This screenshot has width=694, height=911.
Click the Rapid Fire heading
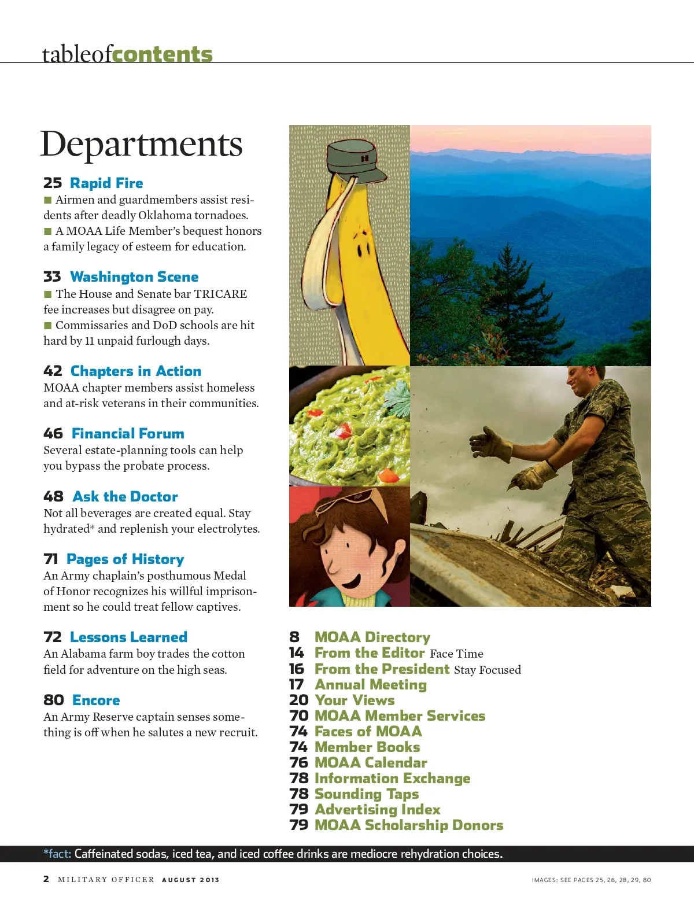click(x=106, y=183)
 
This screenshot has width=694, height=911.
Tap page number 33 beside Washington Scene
click(x=52, y=277)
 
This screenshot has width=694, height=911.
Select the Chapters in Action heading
click(x=136, y=371)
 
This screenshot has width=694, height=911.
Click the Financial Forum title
click(x=128, y=434)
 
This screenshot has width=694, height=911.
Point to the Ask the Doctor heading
click(x=125, y=497)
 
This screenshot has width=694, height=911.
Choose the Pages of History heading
click(x=125, y=559)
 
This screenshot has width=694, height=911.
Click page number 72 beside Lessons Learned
click(x=53, y=637)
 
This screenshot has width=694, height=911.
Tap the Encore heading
click(x=96, y=700)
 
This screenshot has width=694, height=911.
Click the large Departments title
click(x=141, y=143)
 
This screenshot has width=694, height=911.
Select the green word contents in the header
click(x=163, y=54)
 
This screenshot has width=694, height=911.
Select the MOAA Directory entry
click(x=372, y=637)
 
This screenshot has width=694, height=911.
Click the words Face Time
click(x=456, y=654)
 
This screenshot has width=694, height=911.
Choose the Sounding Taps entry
click(x=367, y=794)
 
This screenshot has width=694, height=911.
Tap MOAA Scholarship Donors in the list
click(x=409, y=825)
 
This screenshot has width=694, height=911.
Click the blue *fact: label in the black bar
click(x=57, y=854)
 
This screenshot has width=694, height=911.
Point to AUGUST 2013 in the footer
click(x=191, y=880)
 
